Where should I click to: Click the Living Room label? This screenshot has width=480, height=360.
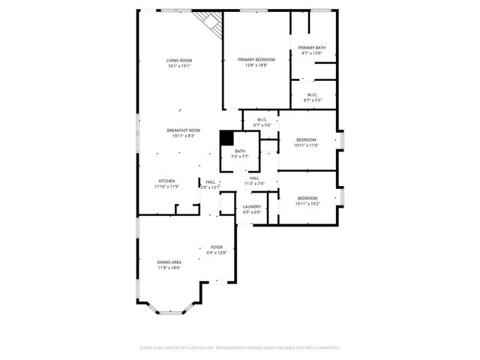(179, 60)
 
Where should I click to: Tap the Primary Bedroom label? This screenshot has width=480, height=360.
(256, 59)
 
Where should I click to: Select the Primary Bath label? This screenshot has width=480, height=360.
(311, 47)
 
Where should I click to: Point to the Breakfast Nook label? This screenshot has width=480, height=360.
(183, 130)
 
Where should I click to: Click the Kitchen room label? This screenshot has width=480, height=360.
(166, 181)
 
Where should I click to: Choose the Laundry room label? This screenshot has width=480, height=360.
(251, 206)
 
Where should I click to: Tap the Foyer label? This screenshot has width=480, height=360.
(216, 247)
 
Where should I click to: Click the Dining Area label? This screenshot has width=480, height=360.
(169, 262)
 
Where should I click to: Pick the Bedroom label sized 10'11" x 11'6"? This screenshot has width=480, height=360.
(306, 139)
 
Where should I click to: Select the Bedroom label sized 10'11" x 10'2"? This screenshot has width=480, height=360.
(306, 198)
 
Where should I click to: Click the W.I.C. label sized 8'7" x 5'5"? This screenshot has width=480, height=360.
(313, 94)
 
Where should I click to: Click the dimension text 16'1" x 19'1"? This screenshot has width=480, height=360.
(179, 66)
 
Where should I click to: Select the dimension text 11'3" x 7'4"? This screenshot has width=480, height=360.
(254, 184)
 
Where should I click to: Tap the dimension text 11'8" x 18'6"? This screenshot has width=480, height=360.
(169, 268)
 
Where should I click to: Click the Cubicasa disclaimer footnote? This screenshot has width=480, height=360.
(240, 347)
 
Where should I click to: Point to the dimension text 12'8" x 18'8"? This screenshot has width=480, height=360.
(256, 65)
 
